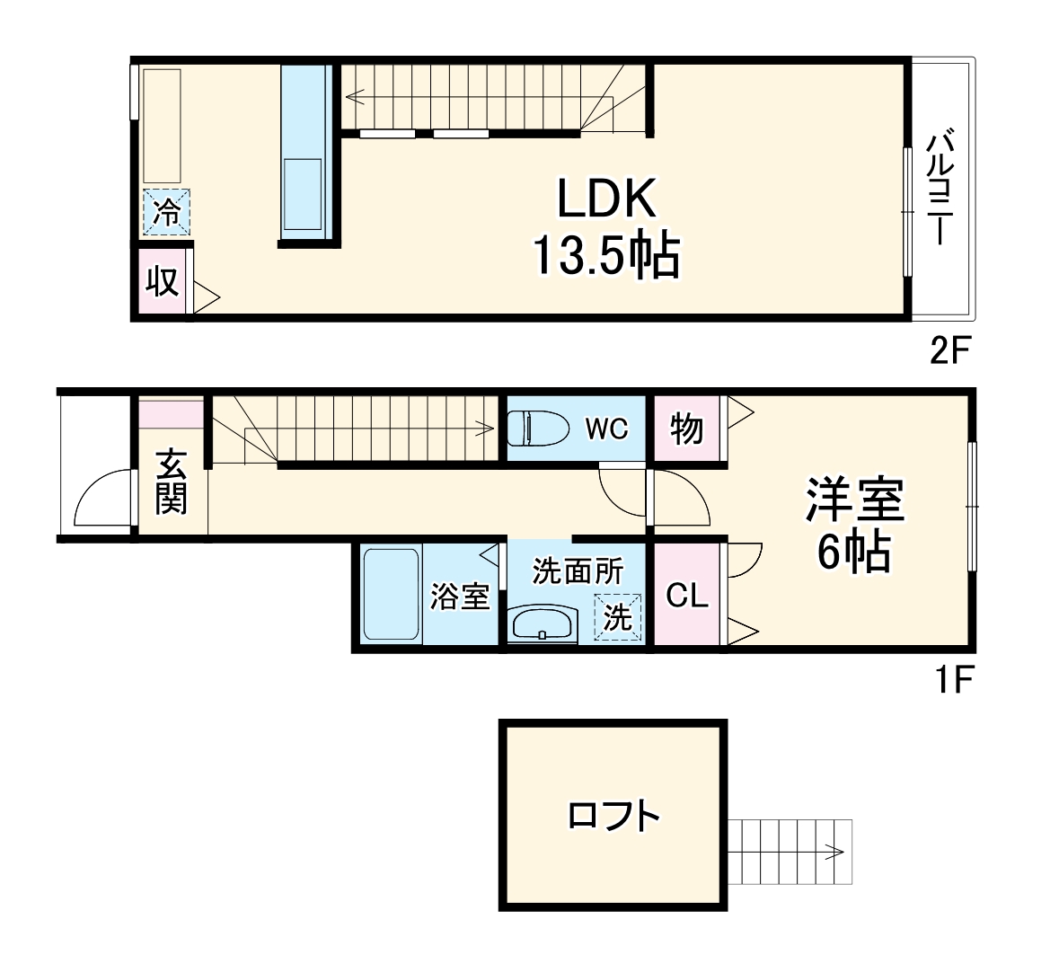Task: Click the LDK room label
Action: pyautogui.click(x=606, y=199)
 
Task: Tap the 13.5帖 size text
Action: pyautogui.click(x=606, y=255)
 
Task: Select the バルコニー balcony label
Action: pyautogui.click(x=940, y=188)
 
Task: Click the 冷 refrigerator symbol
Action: pyautogui.click(x=166, y=213)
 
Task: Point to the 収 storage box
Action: pyautogui.click(x=162, y=281)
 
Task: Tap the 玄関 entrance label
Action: pyautogui.click(x=171, y=482)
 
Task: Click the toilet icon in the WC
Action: pyautogui.click(x=532, y=428)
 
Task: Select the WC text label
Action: pyautogui.click(x=607, y=429)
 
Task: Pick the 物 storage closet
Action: pyautogui.click(x=687, y=429)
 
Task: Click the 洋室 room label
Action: pyautogui.click(x=854, y=500)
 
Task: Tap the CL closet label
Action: pyautogui.click(x=687, y=596)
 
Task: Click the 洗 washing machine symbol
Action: pyautogui.click(x=618, y=617)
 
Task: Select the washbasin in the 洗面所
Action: pyautogui.click(x=542, y=623)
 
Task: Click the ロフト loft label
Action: pyautogui.click(x=613, y=816)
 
